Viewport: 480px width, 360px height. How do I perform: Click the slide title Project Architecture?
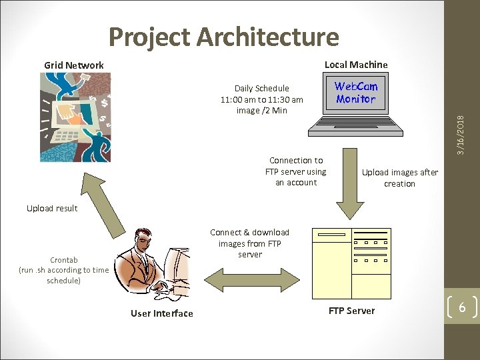[223, 37]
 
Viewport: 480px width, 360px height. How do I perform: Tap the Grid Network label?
[74, 65]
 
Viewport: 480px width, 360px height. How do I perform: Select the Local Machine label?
[355, 65]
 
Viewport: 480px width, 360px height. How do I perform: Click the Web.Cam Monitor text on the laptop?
[356, 93]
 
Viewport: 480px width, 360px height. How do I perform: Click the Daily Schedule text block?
[262, 99]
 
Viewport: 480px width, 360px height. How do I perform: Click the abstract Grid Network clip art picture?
[75, 117]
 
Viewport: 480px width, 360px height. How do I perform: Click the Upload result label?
[52, 208]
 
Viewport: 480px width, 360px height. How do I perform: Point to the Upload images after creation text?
[399, 178]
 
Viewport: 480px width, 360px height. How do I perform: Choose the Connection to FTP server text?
[296, 171]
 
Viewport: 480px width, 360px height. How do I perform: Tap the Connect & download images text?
[250, 243]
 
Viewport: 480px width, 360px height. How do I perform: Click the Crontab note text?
[63, 270]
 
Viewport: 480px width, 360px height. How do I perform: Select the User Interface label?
[161, 313]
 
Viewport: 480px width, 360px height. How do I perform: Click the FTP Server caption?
[351, 311]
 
